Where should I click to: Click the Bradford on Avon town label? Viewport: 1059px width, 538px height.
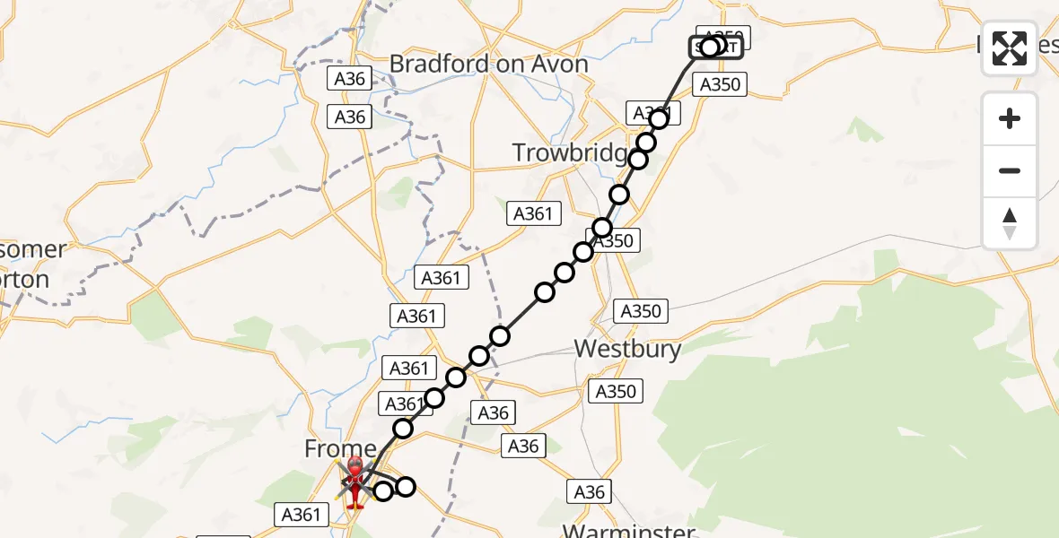pyautogui.click(x=489, y=64)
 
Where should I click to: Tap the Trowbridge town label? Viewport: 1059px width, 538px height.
pyautogui.click(x=570, y=153)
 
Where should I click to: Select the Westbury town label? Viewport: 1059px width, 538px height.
pyautogui.click(x=627, y=348)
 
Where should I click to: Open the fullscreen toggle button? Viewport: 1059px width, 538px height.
pyautogui.click(x=1010, y=48)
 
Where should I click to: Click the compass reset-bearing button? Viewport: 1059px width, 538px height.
pyautogui.click(x=1010, y=222)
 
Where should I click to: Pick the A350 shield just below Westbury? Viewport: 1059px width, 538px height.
pyautogui.click(x=615, y=391)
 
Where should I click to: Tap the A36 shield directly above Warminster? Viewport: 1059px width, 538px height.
pyautogui.click(x=589, y=490)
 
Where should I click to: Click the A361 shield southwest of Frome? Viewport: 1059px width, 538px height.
pyautogui.click(x=301, y=515)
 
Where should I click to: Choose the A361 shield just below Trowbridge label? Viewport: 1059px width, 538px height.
pyautogui.click(x=535, y=213)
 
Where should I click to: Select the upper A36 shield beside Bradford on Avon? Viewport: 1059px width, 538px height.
pyautogui.click(x=349, y=79)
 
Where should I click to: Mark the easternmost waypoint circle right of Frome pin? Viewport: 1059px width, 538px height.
pyautogui.click(x=406, y=486)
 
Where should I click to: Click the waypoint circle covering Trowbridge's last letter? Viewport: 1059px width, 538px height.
pyautogui.click(x=638, y=160)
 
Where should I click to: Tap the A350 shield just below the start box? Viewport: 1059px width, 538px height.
pyautogui.click(x=720, y=84)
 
